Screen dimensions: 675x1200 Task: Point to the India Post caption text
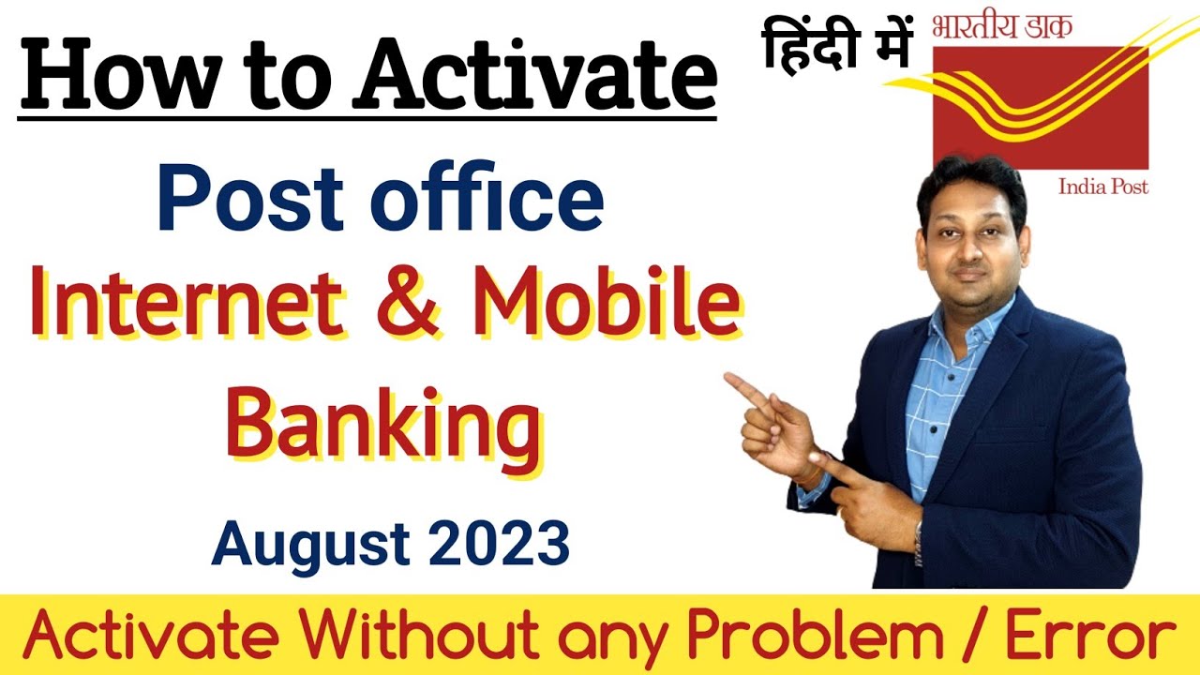pos(1103,187)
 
